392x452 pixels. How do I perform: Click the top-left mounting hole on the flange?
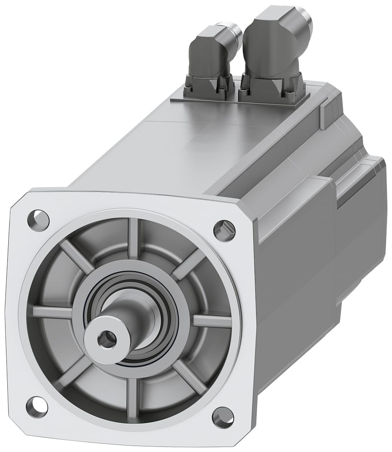click(x=38, y=219)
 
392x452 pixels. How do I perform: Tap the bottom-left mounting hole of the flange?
click(x=37, y=405)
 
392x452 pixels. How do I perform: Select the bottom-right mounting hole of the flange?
click(x=222, y=417)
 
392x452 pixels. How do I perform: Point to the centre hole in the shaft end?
click(x=107, y=339)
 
